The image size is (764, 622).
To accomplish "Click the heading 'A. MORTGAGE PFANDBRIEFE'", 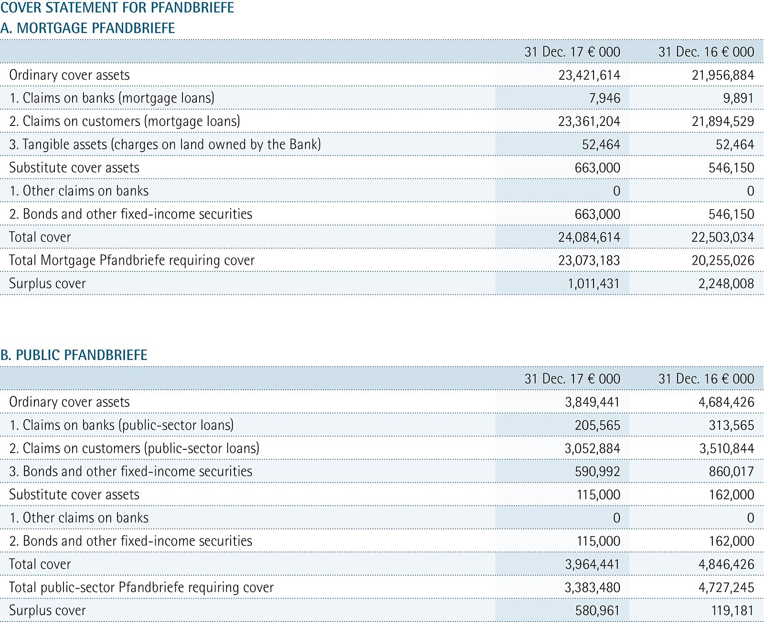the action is coord(87,28).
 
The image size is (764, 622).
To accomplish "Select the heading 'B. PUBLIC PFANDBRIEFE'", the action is coord(74,355).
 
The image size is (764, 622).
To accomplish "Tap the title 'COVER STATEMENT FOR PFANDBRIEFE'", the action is coord(117,7).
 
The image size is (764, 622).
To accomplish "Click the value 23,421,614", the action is coord(589,75).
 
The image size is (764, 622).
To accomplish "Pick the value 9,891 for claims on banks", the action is coord(739,98).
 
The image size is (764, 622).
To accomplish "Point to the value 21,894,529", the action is coord(723,122).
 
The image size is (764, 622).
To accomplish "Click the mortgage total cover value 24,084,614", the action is coord(589,237).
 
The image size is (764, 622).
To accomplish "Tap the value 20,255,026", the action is coord(723,260).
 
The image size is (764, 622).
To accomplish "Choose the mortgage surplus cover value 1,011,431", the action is coord(594,284).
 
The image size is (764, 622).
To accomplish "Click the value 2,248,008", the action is coord(726,284).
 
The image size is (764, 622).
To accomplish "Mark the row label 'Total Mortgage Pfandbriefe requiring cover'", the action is coord(132,260).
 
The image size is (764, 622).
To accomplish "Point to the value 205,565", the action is coord(597,425).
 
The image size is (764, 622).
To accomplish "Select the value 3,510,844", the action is coord(727,448).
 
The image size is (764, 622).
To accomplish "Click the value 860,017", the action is coord(732,472).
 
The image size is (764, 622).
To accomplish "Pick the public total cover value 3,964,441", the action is coord(593,564).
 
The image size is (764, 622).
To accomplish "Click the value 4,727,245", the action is coord(726,588).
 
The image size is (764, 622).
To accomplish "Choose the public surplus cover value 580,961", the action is coord(597,611).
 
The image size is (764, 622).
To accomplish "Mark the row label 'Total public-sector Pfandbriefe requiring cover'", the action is coord(141,588).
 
